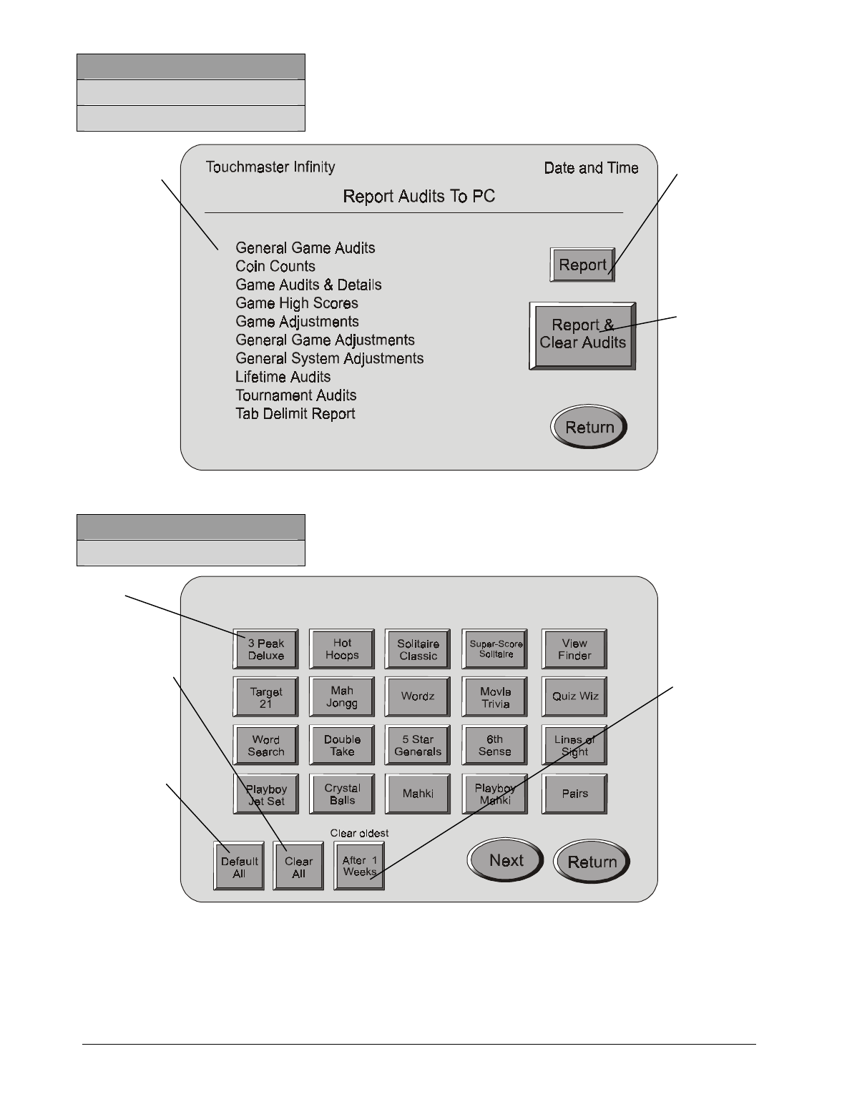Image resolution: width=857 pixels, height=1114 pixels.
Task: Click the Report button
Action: (582, 265)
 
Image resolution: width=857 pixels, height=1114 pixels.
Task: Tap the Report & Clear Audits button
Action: (582, 335)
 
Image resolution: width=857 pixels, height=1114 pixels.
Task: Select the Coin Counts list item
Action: (275, 266)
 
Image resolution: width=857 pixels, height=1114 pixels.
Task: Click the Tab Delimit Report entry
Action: (295, 414)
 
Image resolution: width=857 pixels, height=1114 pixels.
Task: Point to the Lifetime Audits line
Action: (283, 377)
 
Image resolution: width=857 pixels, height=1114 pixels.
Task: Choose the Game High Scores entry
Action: (297, 303)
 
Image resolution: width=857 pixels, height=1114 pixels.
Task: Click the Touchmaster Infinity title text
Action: (270, 167)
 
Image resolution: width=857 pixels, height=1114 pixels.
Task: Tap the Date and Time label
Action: (591, 168)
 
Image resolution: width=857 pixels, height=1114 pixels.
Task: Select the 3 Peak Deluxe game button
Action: (265, 649)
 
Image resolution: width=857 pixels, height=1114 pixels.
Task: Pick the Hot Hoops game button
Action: (342, 649)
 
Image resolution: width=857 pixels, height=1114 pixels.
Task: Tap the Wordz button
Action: (418, 697)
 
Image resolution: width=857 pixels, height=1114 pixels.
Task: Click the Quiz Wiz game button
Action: (574, 697)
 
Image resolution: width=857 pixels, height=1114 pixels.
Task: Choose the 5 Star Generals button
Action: (418, 746)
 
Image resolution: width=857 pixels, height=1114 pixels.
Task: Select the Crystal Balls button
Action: (342, 794)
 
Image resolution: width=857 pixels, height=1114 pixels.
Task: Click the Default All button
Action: (239, 867)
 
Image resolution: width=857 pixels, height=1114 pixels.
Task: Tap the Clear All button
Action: (298, 867)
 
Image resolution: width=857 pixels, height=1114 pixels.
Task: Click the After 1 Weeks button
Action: (359, 866)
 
